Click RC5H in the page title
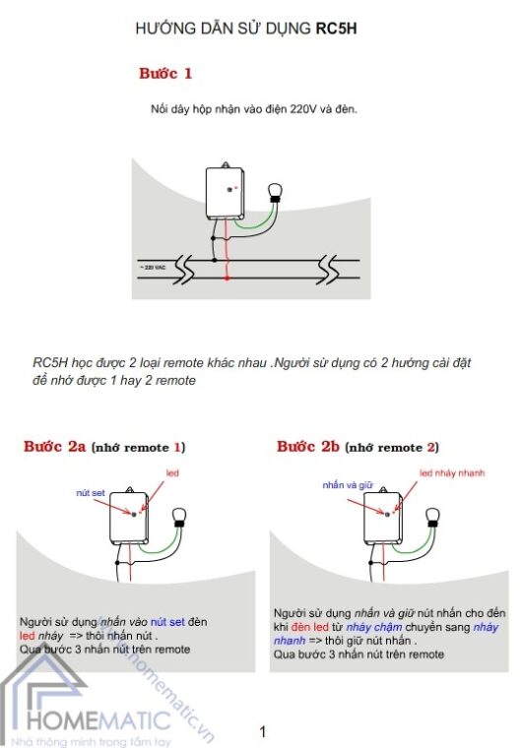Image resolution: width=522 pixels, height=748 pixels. coord(336,30)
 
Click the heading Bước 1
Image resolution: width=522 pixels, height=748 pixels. coord(165,74)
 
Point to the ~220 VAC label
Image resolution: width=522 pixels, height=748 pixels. coord(152,267)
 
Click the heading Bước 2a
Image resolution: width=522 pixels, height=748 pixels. coord(55,447)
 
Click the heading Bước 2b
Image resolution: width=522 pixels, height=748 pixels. coord(308,447)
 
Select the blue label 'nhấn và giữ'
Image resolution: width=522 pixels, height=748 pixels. coord(344,484)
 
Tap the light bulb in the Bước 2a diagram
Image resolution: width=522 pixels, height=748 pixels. coord(178,515)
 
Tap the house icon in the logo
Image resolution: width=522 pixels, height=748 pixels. coord(32,694)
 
